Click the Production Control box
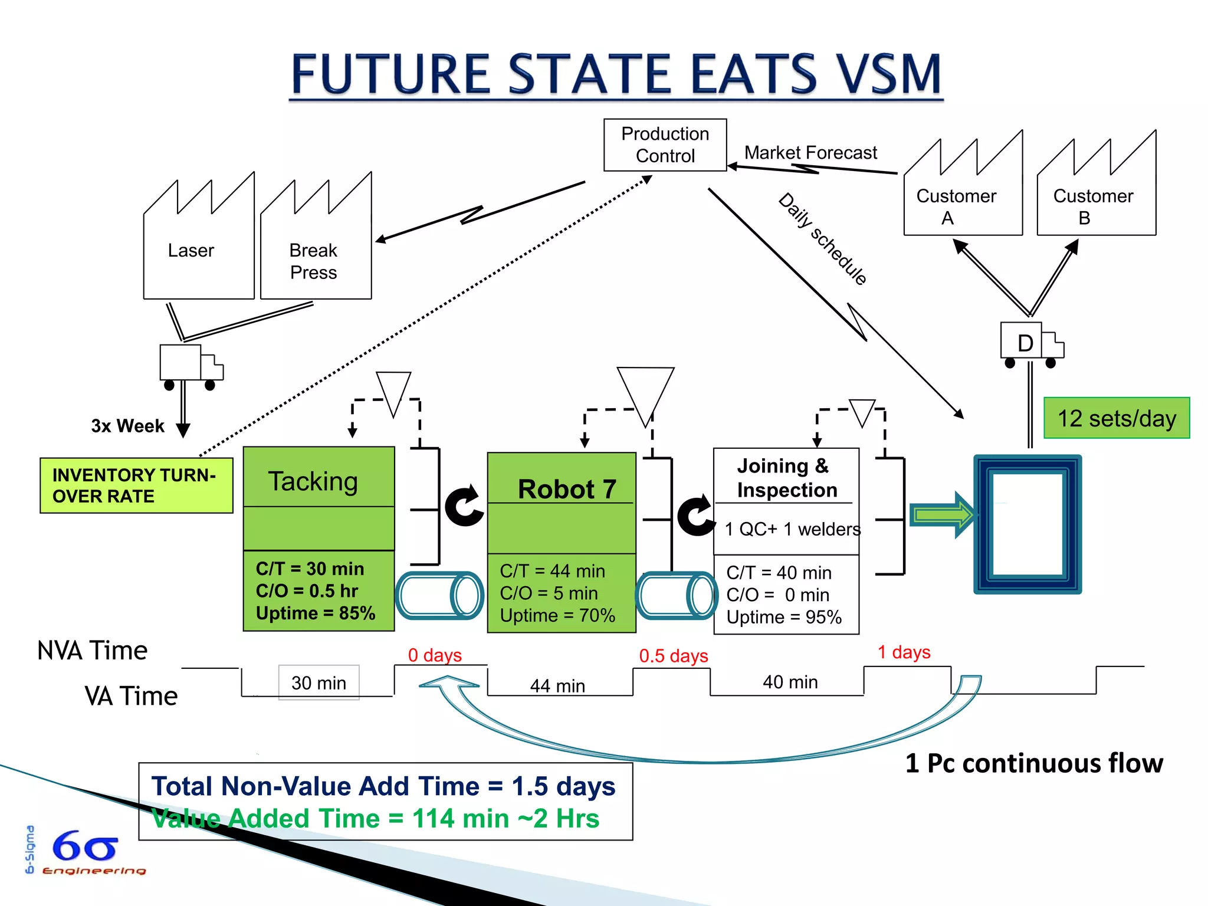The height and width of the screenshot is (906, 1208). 665,145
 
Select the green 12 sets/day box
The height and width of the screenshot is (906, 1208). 1116,418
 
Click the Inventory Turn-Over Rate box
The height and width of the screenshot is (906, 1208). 136,485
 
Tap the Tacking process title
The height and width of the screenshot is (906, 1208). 313,481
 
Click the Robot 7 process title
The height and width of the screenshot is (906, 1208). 566,489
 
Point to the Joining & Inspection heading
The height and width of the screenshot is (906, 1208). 786,478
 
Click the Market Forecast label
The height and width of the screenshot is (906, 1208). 810,153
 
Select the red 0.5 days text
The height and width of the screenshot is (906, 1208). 674,656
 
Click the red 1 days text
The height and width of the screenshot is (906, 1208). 904,652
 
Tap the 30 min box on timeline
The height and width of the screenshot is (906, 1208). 319,683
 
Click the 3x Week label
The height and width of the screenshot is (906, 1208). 127,426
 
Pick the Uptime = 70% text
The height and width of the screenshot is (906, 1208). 557,616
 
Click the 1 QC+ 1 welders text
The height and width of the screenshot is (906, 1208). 792,529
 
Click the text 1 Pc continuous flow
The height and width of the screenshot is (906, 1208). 1033,763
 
